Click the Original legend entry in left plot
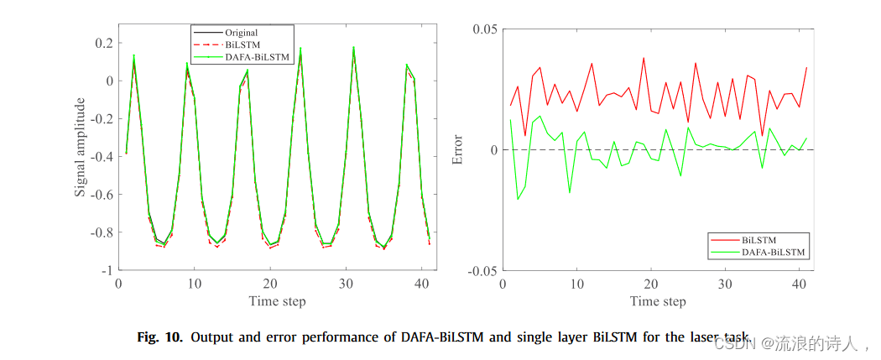pyautogui.click(x=241, y=33)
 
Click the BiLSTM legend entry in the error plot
pyautogui.click(x=759, y=239)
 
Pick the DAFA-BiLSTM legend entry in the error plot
pyautogui.click(x=772, y=251)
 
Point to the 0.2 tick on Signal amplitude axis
pyautogui.click(x=104, y=43)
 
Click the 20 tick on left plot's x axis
pyautogui.click(x=269, y=284)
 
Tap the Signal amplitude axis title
pyautogui.click(x=81, y=148)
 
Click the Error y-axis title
pyautogui.click(x=457, y=149)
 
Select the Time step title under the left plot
pyautogui.click(x=277, y=300)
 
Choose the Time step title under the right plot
pyautogui.click(x=657, y=300)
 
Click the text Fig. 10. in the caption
pyautogui.click(x=159, y=337)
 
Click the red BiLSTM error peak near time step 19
pyautogui.click(x=644, y=59)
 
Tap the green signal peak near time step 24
pyautogui.click(x=300, y=48)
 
